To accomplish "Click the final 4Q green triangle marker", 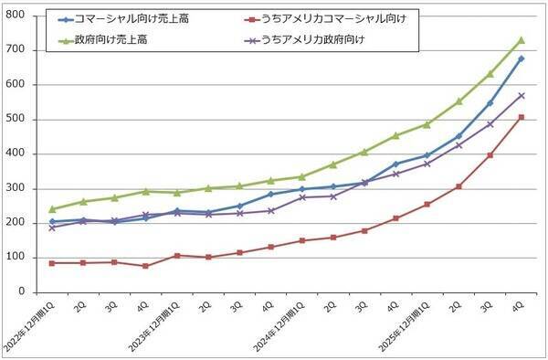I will point(522,40).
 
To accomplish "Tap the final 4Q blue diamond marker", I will point(522,58).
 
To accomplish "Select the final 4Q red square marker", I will point(522,117).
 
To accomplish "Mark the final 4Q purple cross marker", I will point(522,95).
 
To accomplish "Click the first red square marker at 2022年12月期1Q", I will point(52,263).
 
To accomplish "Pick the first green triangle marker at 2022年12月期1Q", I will point(52,209).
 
